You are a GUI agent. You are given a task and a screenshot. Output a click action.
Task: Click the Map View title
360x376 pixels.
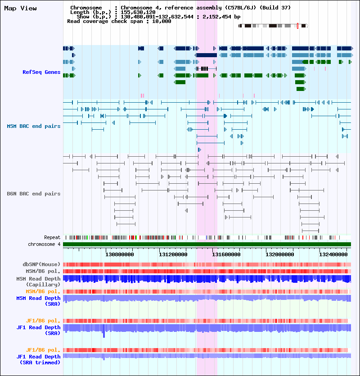pyautogui.click(x=20, y=9)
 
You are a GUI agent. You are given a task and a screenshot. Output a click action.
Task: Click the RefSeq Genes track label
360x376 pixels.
pyautogui.click(x=41, y=72)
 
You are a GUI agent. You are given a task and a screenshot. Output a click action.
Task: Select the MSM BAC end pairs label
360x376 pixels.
pyautogui.click(x=34, y=126)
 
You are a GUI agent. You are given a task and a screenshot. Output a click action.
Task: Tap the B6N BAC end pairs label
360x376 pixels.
pyautogui.click(x=34, y=194)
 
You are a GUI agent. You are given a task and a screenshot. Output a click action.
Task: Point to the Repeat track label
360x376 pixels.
pyautogui.click(x=52, y=237)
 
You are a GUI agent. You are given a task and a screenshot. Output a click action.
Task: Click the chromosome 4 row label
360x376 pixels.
pyautogui.click(x=44, y=244)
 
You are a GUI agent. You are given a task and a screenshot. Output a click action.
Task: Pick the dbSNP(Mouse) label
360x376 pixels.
pyautogui.click(x=41, y=264)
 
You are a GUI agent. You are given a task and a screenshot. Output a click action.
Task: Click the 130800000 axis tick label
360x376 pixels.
pyautogui.click(x=120, y=254)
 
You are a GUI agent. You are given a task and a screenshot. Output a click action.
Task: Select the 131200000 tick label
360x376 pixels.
pyautogui.click(x=173, y=254)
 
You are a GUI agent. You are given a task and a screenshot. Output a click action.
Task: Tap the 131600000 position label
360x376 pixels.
pyautogui.click(x=226, y=254)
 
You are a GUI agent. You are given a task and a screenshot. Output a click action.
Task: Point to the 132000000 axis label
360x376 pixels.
pyautogui.click(x=280, y=254)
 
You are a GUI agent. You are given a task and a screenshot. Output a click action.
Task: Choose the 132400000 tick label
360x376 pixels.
pyautogui.click(x=333, y=254)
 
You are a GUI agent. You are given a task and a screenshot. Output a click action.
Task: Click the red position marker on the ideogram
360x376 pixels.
pyautogui.click(x=297, y=26)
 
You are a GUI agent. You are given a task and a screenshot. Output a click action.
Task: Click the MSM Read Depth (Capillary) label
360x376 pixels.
pyautogui.click(x=38, y=281)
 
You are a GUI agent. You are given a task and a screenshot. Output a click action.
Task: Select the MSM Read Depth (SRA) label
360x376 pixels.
pyautogui.click(x=38, y=301)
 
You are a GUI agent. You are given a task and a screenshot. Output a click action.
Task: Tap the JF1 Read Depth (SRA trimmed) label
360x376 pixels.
pyautogui.click(x=38, y=359)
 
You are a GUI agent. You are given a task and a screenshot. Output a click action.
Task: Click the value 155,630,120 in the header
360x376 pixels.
pyautogui.click(x=138, y=12)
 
